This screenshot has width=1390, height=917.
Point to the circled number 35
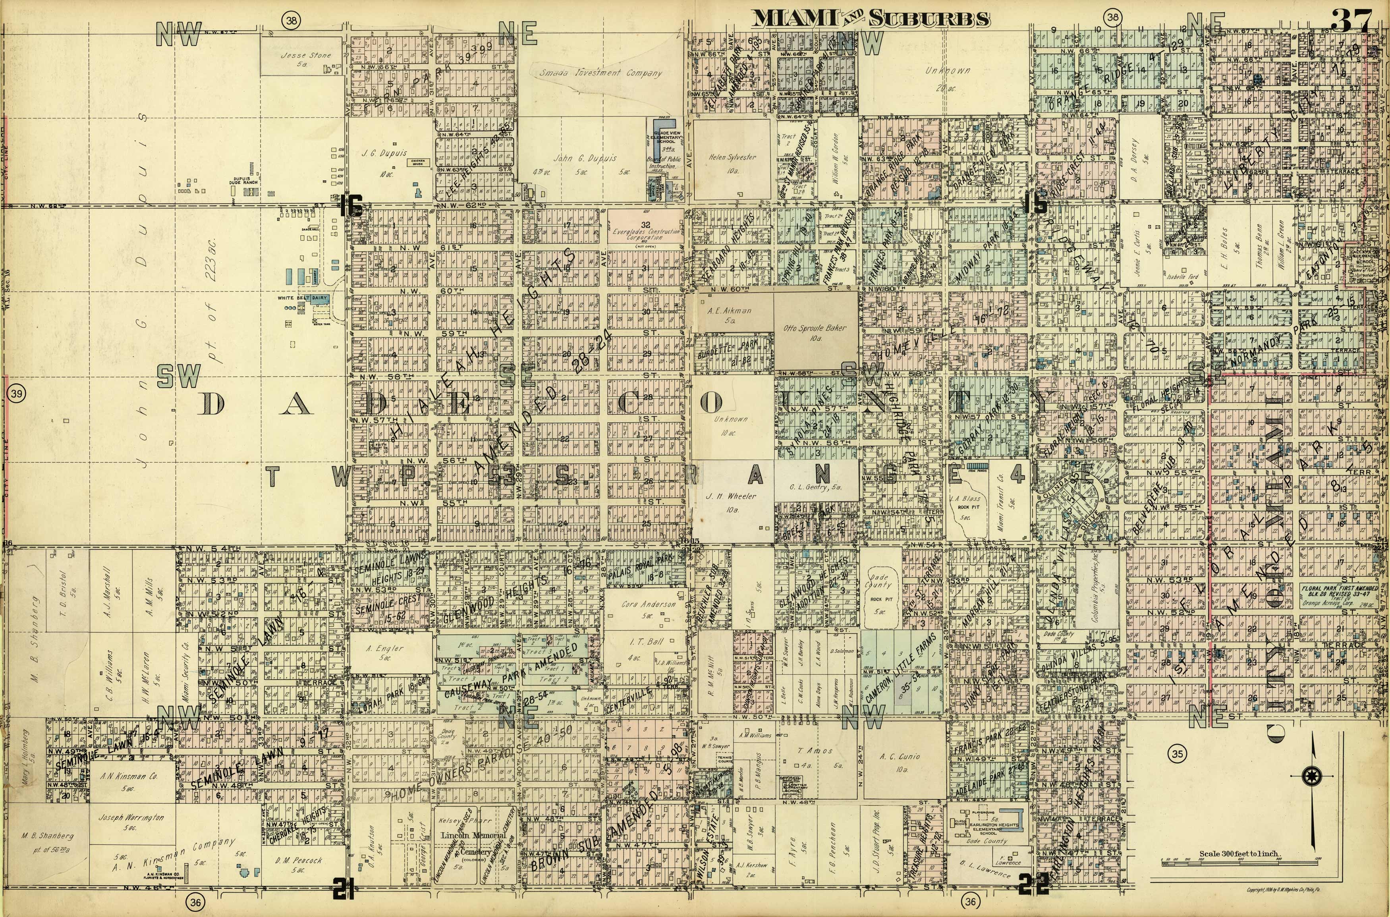[1177, 754]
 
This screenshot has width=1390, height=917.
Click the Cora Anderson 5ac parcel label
[648, 608]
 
